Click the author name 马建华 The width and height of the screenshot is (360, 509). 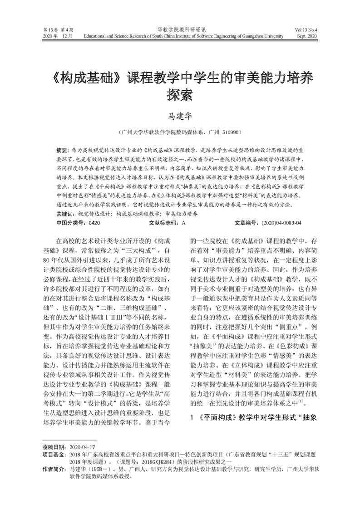(x=180, y=117)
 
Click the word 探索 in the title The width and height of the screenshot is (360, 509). (x=180, y=94)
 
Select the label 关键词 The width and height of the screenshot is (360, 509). (x=65, y=213)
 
